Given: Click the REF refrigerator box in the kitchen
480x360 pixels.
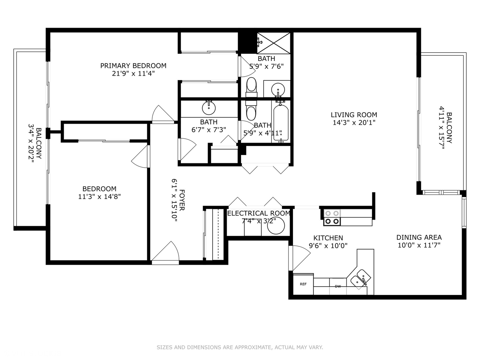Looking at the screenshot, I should pyautogui.click(x=303, y=284).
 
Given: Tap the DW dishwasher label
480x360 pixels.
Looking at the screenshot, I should pyautogui.click(x=338, y=286).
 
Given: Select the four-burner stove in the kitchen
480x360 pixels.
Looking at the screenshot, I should pyautogui.click(x=332, y=217).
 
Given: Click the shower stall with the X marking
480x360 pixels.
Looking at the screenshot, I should pyautogui.click(x=274, y=43).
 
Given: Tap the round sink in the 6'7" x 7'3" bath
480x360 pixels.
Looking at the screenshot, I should pyautogui.click(x=209, y=108).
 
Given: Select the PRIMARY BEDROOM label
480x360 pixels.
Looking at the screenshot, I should pyautogui.click(x=133, y=66).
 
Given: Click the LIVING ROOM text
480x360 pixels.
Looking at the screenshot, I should pyautogui.click(x=354, y=115).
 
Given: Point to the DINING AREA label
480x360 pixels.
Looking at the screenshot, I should pyautogui.click(x=419, y=237).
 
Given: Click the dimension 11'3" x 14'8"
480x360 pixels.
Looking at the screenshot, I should pyautogui.click(x=99, y=197).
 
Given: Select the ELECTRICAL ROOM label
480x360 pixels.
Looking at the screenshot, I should pyautogui.click(x=259, y=213).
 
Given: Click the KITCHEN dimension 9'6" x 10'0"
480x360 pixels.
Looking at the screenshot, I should pyautogui.click(x=328, y=246).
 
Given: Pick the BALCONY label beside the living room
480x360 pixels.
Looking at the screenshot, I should pyautogui.click(x=449, y=128).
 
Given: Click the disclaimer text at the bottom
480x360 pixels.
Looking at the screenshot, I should pyautogui.click(x=240, y=347).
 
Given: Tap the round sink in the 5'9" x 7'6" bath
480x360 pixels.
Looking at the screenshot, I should pyautogui.click(x=278, y=89).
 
